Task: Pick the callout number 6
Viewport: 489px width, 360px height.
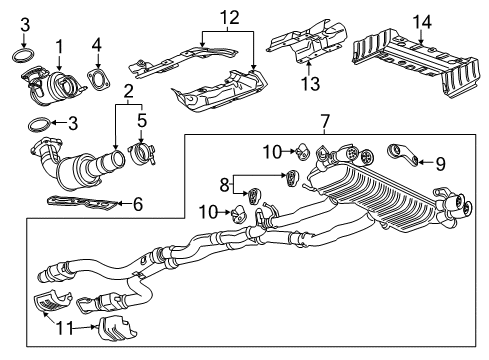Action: click(x=138, y=205)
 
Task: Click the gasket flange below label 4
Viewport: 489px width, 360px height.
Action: click(x=98, y=81)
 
